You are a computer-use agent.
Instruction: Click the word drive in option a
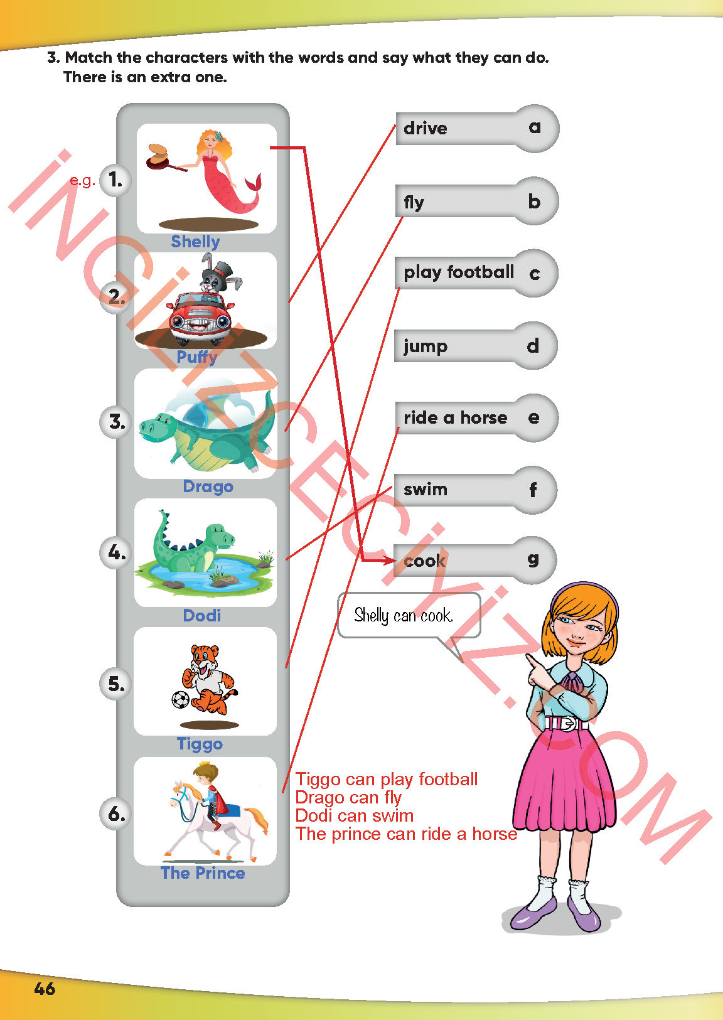[426, 129]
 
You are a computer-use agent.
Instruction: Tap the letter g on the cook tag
[533, 560]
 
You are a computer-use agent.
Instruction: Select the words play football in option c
[459, 272]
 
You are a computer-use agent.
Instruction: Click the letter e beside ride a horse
[533, 417]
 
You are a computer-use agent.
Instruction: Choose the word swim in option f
[426, 490]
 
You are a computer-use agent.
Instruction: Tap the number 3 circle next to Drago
[115, 422]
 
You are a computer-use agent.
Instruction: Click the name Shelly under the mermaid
[195, 242]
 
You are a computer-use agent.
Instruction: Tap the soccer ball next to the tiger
[180, 699]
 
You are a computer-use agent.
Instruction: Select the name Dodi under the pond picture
[202, 616]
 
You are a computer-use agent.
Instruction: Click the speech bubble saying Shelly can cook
[409, 615]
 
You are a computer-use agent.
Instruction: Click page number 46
[45, 989]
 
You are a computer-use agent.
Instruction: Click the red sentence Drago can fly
[348, 797]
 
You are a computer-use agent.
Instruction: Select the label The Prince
[203, 873]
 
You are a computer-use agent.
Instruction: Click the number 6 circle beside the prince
[115, 814]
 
